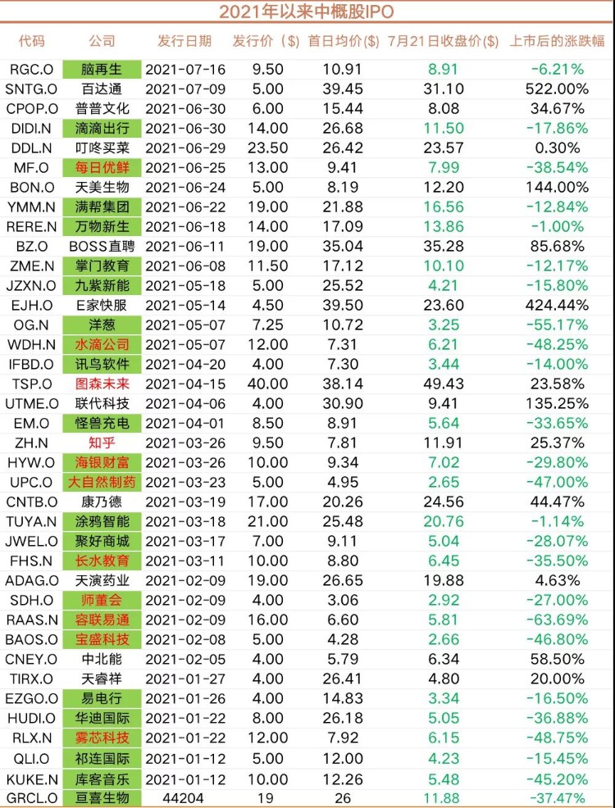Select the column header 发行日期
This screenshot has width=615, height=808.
click(184, 41)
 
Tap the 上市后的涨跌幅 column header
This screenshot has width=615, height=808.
click(558, 41)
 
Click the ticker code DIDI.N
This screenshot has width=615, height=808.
click(32, 128)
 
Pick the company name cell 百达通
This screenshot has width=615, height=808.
click(102, 89)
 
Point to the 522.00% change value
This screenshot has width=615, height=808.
click(558, 89)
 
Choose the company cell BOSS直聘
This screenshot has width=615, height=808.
click(102, 245)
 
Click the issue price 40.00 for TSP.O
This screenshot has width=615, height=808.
click(267, 383)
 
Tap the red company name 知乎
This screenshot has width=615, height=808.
click(102, 443)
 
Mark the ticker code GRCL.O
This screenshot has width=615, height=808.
click(32, 797)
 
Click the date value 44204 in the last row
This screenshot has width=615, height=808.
click(184, 797)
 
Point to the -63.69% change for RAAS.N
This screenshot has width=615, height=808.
click(558, 620)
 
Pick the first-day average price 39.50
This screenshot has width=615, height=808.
click(344, 305)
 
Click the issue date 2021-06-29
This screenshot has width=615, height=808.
click(184, 148)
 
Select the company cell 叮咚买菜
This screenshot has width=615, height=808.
click(102, 148)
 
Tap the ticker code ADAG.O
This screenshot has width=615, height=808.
click(32, 580)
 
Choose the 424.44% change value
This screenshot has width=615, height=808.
click(558, 305)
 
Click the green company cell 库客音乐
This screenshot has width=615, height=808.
click(102, 778)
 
